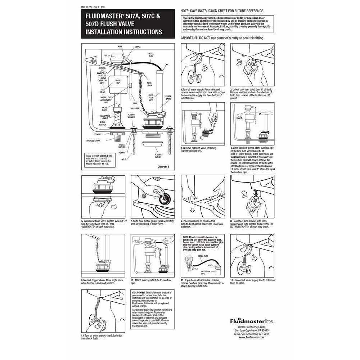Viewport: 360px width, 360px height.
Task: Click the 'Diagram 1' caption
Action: (163, 167)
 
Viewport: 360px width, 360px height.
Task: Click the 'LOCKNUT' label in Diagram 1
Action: (98, 134)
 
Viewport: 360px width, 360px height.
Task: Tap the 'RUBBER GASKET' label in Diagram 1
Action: (158, 156)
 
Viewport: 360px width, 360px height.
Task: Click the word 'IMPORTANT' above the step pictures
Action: (189, 37)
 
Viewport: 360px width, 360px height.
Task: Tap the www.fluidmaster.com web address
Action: (252, 337)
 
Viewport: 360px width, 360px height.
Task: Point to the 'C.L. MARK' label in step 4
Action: (240, 117)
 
